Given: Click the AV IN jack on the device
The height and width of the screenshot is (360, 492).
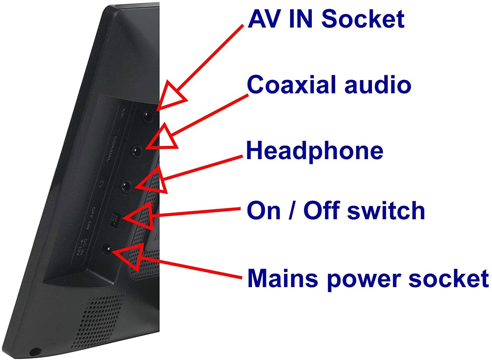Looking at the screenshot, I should (147, 116).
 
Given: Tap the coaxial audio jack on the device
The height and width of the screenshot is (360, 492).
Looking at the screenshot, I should (137, 151).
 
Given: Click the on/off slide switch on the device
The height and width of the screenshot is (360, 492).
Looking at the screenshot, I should (114, 219).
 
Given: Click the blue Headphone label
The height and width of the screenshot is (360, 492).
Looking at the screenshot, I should (315, 151).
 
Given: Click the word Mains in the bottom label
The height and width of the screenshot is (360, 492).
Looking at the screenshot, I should (282, 278).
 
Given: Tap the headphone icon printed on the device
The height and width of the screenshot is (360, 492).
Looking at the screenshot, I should (102, 184).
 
